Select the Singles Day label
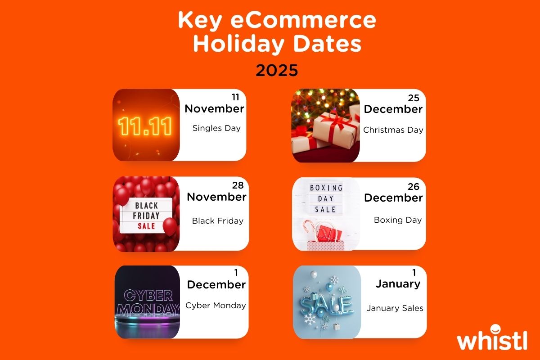click(216, 128)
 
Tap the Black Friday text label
click(217, 221)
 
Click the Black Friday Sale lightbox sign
click(147, 215)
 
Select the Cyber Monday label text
click(216, 306)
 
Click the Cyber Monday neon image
click(146, 302)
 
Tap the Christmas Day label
click(393, 130)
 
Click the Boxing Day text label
click(398, 220)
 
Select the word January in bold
click(398, 284)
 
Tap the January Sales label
click(395, 308)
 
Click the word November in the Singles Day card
click(214, 108)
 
